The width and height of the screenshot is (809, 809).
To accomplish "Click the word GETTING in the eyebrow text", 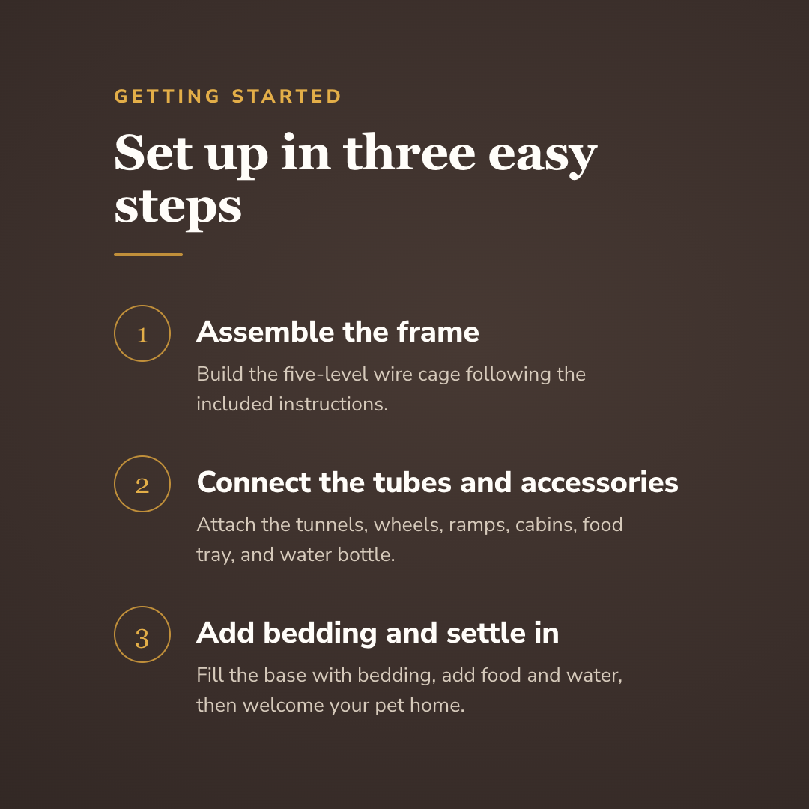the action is tap(167, 97).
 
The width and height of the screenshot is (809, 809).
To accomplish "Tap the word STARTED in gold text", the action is tap(287, 97).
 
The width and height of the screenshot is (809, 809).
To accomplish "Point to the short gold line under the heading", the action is tap(148, 255).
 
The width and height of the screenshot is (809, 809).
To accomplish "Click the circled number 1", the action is tap(142, 333).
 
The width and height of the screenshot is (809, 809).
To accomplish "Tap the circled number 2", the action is tap(142, 484).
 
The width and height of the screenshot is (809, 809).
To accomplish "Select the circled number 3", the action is tap(142, 634).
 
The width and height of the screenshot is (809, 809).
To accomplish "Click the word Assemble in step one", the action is tap(265, 332).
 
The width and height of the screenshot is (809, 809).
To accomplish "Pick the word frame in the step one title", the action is tap(438, 332).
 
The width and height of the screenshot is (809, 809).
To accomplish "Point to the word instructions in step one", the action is tap(333, 404).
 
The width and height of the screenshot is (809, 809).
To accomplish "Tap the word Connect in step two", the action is tap(254, 482).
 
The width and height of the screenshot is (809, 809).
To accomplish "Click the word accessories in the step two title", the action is tap(599, 483).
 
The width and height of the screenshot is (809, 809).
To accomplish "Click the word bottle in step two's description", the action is tap(366, 554).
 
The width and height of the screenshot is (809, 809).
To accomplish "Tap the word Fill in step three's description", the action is tap(210, 675).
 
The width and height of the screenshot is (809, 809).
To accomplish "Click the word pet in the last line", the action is tap(390, 706).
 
